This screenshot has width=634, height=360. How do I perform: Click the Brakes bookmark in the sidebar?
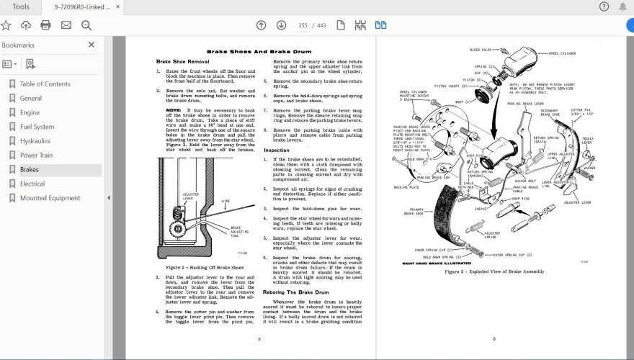click(x=30, y=170)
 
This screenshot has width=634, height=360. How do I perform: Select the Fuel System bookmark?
click(x=37, y=127)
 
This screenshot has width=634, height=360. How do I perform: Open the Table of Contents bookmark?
click(x=45, y=84)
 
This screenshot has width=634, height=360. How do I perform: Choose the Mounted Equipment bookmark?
click(x=50, y=198)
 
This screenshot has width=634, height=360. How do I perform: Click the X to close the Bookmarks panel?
click(x=91, y=45)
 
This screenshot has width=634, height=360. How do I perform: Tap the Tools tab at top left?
click(x=21, y=6)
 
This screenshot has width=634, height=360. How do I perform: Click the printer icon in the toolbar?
click(x=45, y=25)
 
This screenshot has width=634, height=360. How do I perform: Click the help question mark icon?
click(x=604, y=6)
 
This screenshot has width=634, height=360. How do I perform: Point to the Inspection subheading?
click(x=277, y=150)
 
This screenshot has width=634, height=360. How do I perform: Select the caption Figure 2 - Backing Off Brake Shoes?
click(x=199, y=267)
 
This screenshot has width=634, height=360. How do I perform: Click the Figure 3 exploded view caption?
click(x=494, y=271)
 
